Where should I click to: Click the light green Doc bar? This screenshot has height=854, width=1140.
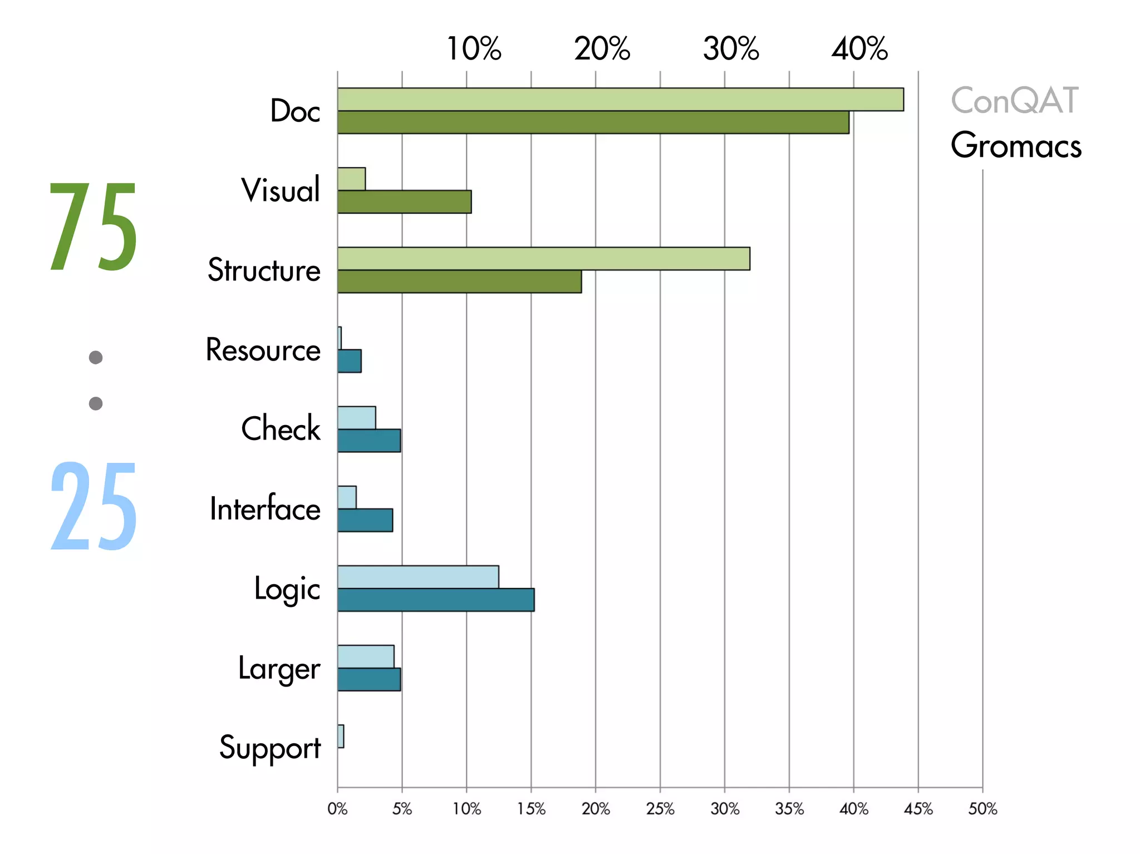point(620,100)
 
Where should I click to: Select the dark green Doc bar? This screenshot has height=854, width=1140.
point(593,122)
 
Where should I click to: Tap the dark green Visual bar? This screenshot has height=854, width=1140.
point(404,202)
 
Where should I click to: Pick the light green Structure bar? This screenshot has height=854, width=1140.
point(543,259)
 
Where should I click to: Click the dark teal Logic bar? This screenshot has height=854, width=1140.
point(436,600)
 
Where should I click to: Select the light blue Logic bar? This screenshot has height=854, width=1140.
point(418,577)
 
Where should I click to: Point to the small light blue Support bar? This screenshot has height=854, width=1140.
point(341,736)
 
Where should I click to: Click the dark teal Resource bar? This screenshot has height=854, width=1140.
point(350,361)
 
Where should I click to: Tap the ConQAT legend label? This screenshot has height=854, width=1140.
point(1015,101)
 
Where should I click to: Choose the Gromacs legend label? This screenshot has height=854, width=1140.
point(1016,145)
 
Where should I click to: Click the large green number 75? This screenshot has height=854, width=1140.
point(93,227)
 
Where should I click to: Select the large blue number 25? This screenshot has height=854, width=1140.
point(93,506)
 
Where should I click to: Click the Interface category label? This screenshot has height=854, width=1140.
point(265,509)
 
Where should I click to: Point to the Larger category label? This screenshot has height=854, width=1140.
point(279,669)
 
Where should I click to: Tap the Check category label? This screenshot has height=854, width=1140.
point(281,429)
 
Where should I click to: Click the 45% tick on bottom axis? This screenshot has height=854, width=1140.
point(918,808)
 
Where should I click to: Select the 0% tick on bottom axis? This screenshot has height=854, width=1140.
point(337,808)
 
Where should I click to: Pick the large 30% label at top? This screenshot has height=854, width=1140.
point(731,49)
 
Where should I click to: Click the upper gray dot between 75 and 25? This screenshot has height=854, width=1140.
point(96,357)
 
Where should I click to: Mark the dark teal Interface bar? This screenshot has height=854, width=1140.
point(365,520)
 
